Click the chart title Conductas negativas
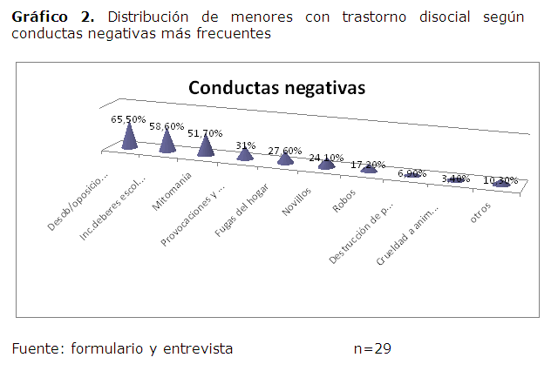[x=277, y=88]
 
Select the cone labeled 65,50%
[x=130, y=138]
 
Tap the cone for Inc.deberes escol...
[x=168, y=142]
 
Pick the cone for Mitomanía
[x=206, y=146]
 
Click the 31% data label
[x=245, y=145]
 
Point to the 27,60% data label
[x=284, y=151]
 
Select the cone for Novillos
[x=326, y=163]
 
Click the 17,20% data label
[x=369, y=164]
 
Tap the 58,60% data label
[x=167, y=126]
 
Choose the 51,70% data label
[x=205, y=133]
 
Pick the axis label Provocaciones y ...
[x=194, y=216]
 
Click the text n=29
[x=372, y=348]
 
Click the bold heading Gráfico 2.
[x=52, y=17]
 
